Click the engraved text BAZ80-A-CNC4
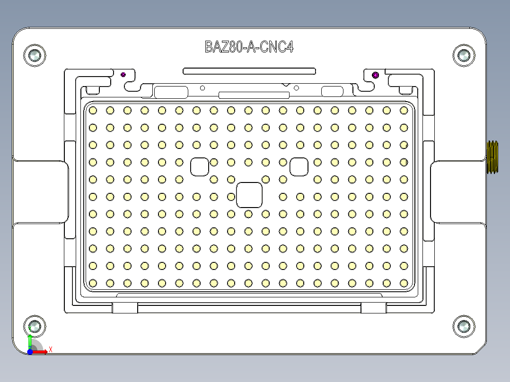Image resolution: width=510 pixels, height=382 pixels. pos(249,47)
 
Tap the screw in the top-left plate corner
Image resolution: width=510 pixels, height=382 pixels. pos(35,55)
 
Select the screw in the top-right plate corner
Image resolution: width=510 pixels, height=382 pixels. pos(463,55)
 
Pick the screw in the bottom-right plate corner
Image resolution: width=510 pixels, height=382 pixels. pos(463,327)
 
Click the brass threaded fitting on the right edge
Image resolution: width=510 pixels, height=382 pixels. pos(493,157)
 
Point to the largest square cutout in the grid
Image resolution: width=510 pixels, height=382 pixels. pos(249,195)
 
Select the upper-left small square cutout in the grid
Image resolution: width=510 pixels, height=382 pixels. pos(200,166)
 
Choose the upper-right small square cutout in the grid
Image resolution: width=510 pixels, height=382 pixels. pos(299,166)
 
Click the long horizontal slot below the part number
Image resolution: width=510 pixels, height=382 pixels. pos(249,71)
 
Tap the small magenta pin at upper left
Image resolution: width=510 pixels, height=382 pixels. pos(123,74)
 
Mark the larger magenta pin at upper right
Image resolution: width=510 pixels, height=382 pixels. pos(376,75)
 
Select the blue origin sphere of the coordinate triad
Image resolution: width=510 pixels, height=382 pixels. pos(30,352)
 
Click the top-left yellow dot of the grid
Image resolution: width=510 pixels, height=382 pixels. pos(93,110)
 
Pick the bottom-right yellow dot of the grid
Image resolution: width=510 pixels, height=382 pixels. pos(404,283)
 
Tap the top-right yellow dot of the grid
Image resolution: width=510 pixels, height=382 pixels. pos(404,110)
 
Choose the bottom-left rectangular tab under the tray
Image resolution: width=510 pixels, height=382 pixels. pos(125,308)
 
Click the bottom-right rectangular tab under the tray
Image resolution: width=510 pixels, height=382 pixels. pos(374,308)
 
